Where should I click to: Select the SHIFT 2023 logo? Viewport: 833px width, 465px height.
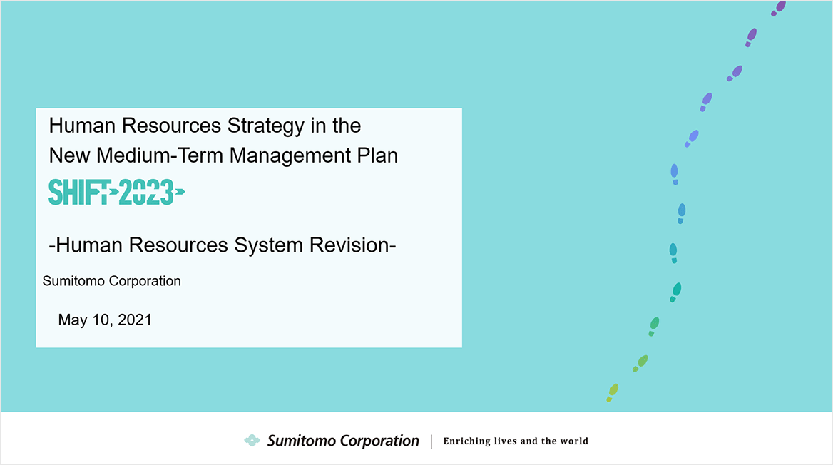click(117, 193)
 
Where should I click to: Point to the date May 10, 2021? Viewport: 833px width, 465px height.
click(105, 320)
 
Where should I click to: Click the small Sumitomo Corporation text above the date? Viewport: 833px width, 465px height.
click(111, 280)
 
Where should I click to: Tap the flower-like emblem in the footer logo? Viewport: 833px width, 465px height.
click(252, 440)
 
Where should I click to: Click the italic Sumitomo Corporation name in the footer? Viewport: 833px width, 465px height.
click(343, 441)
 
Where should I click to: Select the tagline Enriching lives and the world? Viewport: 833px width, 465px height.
click(516, 441)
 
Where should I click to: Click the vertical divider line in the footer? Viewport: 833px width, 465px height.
click(431, 441)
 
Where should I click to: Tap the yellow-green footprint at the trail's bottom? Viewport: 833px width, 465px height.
click(613, 393)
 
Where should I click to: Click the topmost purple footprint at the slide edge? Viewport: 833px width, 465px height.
click(779, 7)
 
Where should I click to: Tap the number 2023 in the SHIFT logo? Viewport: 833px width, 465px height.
click(147, 193)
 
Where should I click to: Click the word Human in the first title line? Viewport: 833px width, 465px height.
click(82, 126)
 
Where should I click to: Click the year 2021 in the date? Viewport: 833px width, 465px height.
click(134, 320)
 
